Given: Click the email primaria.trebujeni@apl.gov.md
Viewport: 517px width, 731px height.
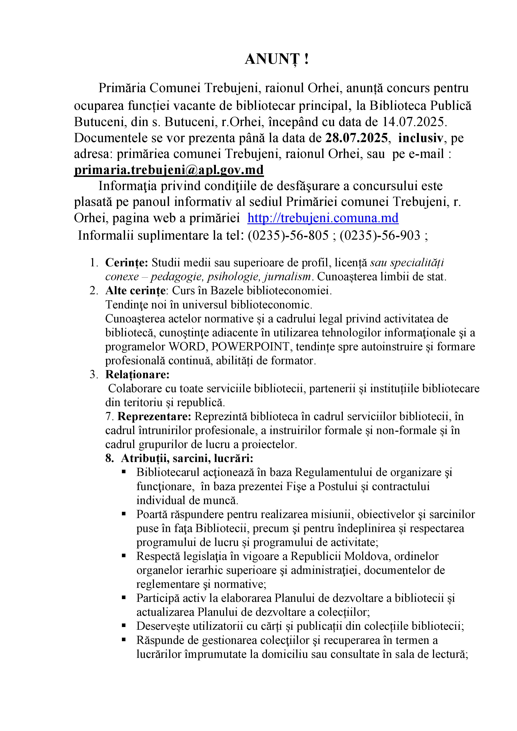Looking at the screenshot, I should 169,170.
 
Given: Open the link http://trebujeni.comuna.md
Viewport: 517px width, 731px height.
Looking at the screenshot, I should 323,218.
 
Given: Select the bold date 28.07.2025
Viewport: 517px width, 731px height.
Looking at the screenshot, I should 357,138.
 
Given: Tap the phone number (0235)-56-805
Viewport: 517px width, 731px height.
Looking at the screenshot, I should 288,236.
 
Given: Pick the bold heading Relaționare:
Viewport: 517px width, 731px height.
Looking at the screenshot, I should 138,375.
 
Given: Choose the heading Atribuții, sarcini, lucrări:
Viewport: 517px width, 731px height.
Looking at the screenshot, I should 187,458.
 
